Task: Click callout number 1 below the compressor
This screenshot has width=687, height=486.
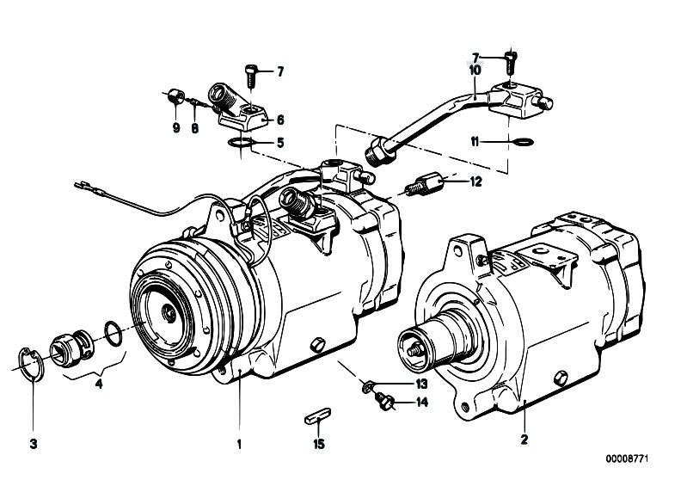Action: (x=240, y=445)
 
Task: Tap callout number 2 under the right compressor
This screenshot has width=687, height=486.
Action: (x=524, y=440)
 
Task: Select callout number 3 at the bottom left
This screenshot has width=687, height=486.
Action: (x=34, y=445)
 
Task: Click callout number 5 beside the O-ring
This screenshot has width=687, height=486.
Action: (x=279, y=142)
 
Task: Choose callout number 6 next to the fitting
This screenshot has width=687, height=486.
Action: (x=279, y=120)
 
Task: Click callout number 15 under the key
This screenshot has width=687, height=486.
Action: (x=319, y=445)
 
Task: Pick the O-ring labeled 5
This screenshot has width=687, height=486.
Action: (x=242, y=142)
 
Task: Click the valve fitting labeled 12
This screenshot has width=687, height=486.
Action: (x=427, y=184)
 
